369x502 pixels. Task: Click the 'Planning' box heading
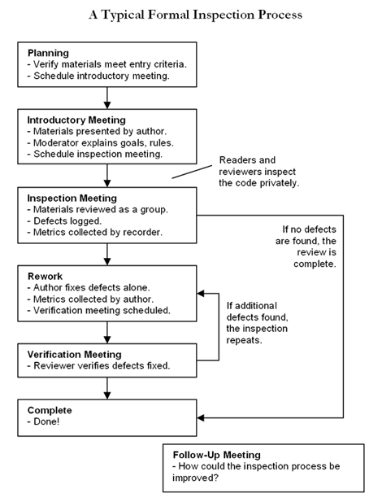coord(50,53)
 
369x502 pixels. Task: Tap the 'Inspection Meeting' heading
coord(72,198)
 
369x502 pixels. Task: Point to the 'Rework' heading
coord(46,275)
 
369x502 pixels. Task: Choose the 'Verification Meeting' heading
coord(74,354)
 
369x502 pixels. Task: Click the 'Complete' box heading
coord(50,410)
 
